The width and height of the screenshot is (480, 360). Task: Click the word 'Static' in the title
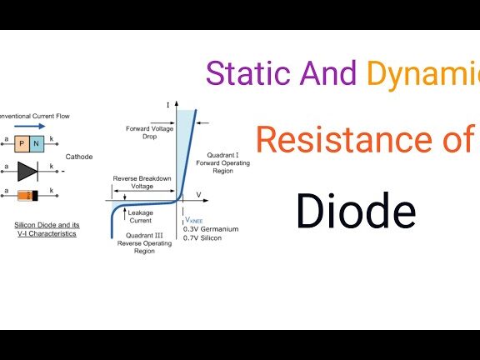[243, 73]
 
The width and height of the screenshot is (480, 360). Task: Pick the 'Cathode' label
[80, 157]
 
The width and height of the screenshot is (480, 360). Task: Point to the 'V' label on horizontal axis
[198, 194]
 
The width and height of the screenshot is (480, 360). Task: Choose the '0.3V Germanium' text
[211, 228]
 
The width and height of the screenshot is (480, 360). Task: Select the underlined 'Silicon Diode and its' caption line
[46, 225]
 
